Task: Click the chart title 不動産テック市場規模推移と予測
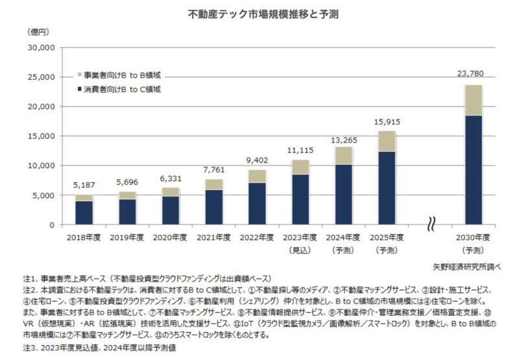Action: pos(259,13)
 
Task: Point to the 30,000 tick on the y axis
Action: pos(41,48)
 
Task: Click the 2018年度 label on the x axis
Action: pos(84,237)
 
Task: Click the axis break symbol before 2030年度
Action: pos(430,226)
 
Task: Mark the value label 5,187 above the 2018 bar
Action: pos(84,185)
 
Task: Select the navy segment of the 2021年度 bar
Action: pos(214,207)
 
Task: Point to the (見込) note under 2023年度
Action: pos(299,249)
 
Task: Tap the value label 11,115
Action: pos(300,150)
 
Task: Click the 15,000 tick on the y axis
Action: pos(41,136)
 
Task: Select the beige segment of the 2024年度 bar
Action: pos(343,156)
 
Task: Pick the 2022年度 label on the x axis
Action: pos(257,237)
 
